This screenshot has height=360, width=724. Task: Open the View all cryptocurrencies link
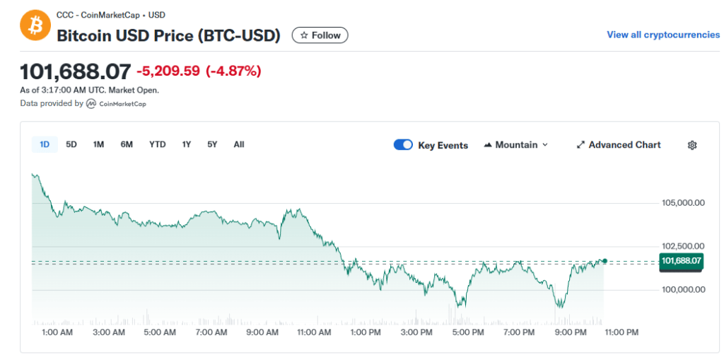(x=663, y=35)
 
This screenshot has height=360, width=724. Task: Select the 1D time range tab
(x=45, y=144)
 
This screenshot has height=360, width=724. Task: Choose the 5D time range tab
(x=71, y=144)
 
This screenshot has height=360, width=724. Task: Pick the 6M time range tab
(x=127, y=144)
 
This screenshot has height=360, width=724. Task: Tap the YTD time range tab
(x=157, y=144)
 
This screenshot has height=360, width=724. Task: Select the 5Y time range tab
(x=212, y=144)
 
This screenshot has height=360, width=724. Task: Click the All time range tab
(x=239, y=144)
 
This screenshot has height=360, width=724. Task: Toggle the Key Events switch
(x=403, y=145)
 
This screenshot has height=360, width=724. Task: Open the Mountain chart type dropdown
(x=516, y=145)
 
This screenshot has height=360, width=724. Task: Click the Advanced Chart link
(x=619, y=145)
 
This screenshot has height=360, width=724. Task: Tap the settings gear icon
(x=692, y=145)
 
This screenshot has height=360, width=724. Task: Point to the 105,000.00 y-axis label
(x=683, y=203)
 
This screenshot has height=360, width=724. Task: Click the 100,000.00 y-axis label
(x=683, y=289)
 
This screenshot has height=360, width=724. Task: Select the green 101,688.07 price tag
(x=681, y=261)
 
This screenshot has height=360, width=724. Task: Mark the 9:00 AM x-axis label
(x=262, y=332)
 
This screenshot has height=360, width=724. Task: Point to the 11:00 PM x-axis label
(x=622, y=332)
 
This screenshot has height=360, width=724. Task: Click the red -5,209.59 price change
(x=168, y=71)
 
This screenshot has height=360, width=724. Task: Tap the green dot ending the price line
(x=605, y=261)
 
